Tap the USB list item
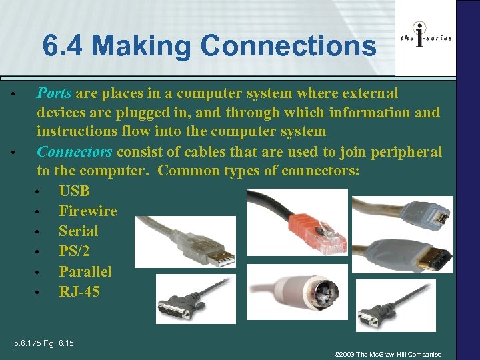click(74, 191)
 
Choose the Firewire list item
click(87, 211)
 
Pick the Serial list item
click(78, 231)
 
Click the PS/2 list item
click(75, 251)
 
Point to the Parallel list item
click(85, 272)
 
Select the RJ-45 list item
click(79, 292)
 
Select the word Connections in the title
click(288, 46)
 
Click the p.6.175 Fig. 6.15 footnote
click(45, 344)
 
